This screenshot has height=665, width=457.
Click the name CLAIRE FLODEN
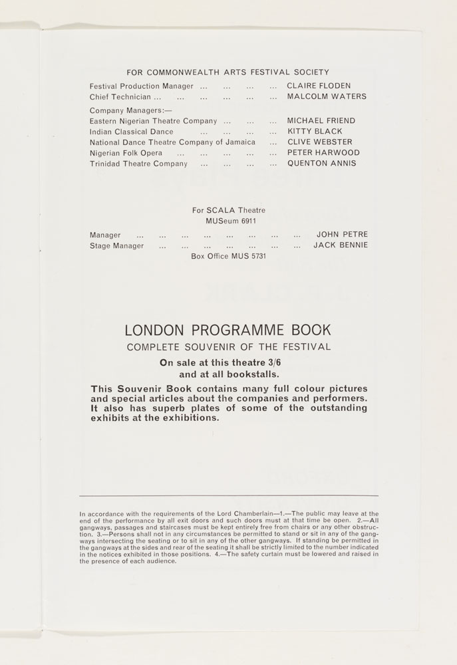point(318,86)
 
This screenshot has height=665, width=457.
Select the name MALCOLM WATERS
point(326,97)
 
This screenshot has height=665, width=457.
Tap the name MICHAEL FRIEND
point(321,121)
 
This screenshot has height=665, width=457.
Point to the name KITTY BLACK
point(314,132)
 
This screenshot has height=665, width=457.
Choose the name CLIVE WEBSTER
point(319,142)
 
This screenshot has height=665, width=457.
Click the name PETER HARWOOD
point(323,153)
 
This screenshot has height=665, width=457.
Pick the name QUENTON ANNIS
point(321,164)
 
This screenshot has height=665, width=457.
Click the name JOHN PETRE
point(342,235)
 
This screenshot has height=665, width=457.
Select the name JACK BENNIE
point(340,245)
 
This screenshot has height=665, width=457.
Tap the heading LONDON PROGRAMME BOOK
point(228,331)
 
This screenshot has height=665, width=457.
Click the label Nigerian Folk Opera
point(126,153)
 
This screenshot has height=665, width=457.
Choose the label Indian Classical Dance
point(131,132)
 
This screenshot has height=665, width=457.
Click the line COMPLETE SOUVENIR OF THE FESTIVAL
point(228,346)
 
